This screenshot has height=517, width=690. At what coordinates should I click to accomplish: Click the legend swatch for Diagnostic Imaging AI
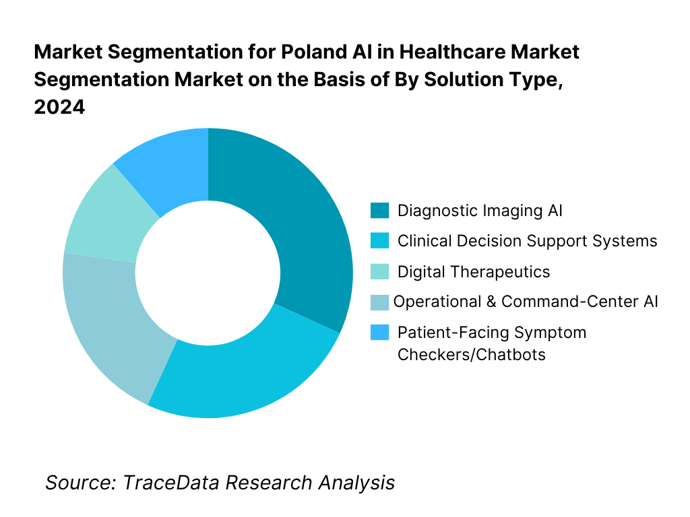tap(379, 211)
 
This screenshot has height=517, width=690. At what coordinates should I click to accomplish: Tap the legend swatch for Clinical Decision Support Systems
tap(379, 241)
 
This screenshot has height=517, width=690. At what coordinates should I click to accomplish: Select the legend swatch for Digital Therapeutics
tap(379, 272)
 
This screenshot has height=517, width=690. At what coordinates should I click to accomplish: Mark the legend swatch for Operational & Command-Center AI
tap(379, 302)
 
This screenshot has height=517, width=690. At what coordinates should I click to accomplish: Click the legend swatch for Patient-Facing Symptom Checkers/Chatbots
tap(379, 333)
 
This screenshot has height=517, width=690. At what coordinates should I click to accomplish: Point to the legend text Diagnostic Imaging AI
tap(480, 211)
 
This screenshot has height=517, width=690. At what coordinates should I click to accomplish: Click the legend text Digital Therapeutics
tap(474, 272)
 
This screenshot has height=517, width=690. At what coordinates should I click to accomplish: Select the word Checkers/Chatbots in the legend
tap(472, 355)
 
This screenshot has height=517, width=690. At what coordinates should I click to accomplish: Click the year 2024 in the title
tap(59, 108)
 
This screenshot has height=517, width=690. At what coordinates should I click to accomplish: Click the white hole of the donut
tap(208, 273)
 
